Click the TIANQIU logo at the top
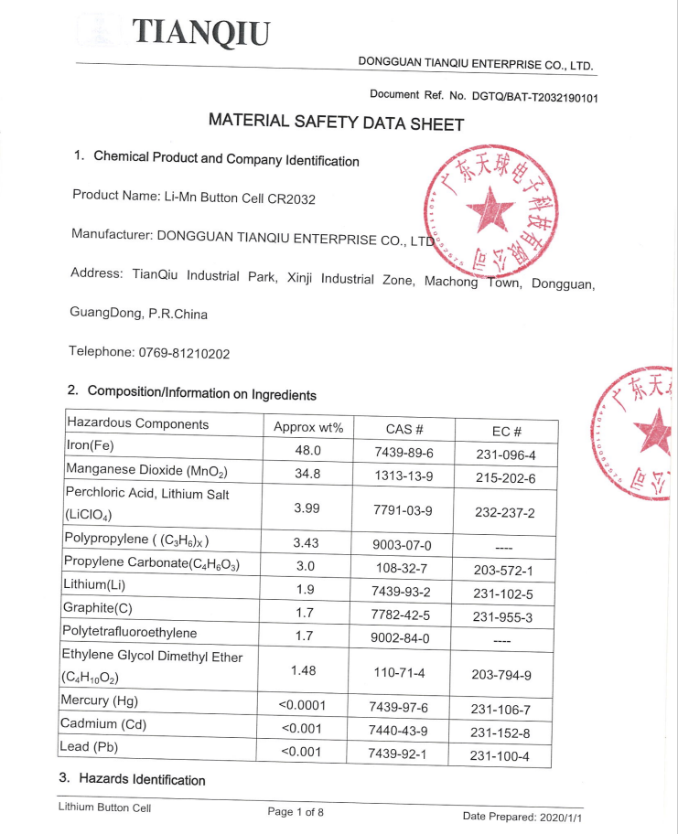202,32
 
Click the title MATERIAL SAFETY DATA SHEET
336,122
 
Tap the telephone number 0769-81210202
184,353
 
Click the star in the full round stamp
491,209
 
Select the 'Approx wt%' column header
308,427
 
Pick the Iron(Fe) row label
90,445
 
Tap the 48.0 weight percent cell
307,450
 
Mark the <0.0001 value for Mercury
303,705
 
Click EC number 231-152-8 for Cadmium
500,732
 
